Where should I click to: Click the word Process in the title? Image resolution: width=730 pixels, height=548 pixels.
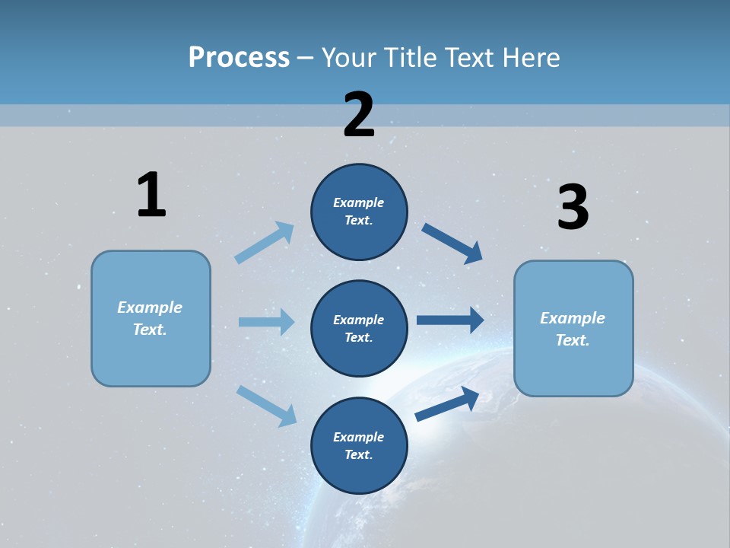point(239,57)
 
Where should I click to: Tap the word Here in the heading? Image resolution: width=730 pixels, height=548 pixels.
point(529,57)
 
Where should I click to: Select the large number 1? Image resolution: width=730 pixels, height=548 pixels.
point(151,195)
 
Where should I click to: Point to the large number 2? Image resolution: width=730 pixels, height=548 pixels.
point(359,115)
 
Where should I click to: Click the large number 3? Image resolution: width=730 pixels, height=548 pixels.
point(573,208)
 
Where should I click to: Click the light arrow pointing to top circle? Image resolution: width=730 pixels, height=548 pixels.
point(265,243)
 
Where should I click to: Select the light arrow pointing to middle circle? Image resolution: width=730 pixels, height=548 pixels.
point(266,322)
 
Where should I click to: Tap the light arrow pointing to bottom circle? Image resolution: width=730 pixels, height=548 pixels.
point(266,406)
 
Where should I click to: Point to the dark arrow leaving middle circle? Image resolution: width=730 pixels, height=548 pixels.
point(450,320)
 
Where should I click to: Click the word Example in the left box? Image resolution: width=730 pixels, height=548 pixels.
point(150,307)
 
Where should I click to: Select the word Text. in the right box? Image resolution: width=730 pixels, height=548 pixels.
point(573,340)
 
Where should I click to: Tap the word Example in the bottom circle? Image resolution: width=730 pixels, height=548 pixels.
point(359,437)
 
